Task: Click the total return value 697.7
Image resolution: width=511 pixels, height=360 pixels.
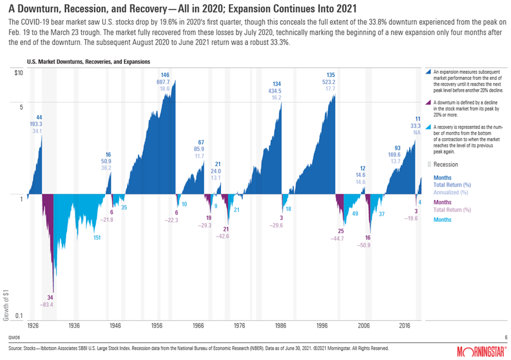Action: pyautogui.click(x=165, y=82)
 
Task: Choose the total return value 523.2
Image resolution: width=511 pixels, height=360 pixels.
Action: pyautogui.click(x=331, y=82)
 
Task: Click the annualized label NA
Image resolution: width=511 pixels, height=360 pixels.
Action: pyautogui.click(x=417, y=133)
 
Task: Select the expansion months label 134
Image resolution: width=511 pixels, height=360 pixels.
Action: pyautogui.click(x=277, y=84)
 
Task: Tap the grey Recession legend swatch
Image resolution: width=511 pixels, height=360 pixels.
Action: pyautogui.click(x=429, y=164)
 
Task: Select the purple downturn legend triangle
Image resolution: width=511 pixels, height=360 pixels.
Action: pyautogui.click(x=429, y=102)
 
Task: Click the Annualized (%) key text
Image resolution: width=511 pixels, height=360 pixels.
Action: pyautogui.click(x=451, y=192)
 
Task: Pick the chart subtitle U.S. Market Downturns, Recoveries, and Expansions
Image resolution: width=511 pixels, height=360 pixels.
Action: pyautogui.click(x=89, y=62)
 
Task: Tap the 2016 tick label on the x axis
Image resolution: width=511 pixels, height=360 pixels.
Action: pyautogui.click(x=404, y=326)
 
